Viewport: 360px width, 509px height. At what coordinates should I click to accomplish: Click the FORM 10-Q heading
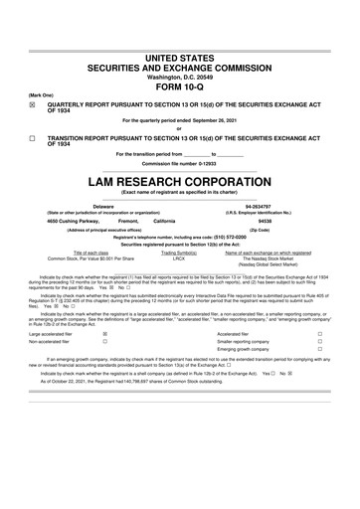(179, 86)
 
